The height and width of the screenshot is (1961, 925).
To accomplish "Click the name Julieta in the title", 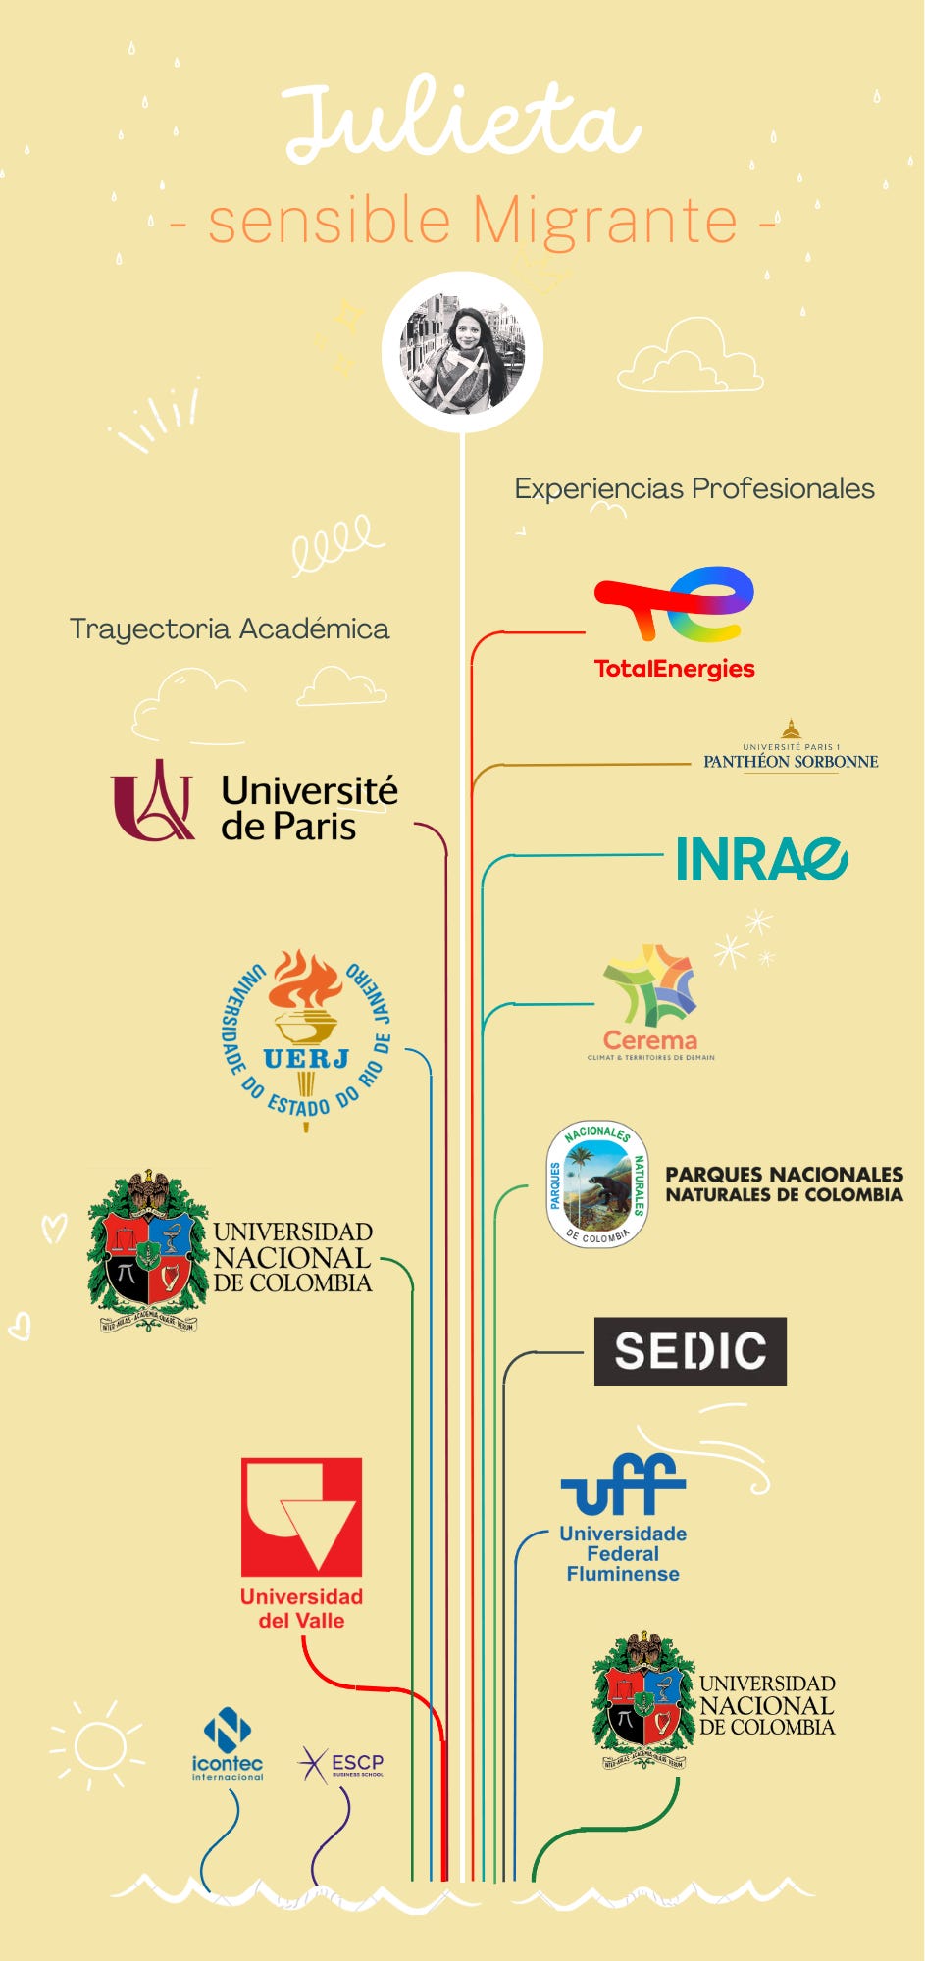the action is [461, 124].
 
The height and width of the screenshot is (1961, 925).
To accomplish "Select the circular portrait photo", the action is [462, 352].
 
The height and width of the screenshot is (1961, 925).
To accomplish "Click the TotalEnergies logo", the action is [675, 622].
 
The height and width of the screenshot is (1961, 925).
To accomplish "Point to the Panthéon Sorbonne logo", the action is [791, 749].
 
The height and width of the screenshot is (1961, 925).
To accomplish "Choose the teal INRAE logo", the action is [761, 860].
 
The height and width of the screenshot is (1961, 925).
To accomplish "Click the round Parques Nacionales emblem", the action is [597, 1184].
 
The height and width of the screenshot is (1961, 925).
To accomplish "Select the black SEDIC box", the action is [691, 1351].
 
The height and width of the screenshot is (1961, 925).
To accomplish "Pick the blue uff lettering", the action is [623, 1484].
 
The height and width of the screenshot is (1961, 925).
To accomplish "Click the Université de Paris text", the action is [309, 808].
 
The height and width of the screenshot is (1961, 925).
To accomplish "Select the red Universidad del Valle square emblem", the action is [302, 1517].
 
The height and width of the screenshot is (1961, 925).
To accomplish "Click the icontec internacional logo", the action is [228, 1749].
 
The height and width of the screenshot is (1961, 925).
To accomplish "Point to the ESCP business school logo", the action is [340, 1764].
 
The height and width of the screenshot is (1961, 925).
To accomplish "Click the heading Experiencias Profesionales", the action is [694, 488].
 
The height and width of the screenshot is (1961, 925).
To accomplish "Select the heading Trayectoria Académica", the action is [230, 629].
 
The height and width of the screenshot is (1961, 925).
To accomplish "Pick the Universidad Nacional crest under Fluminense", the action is [642, 1700].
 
